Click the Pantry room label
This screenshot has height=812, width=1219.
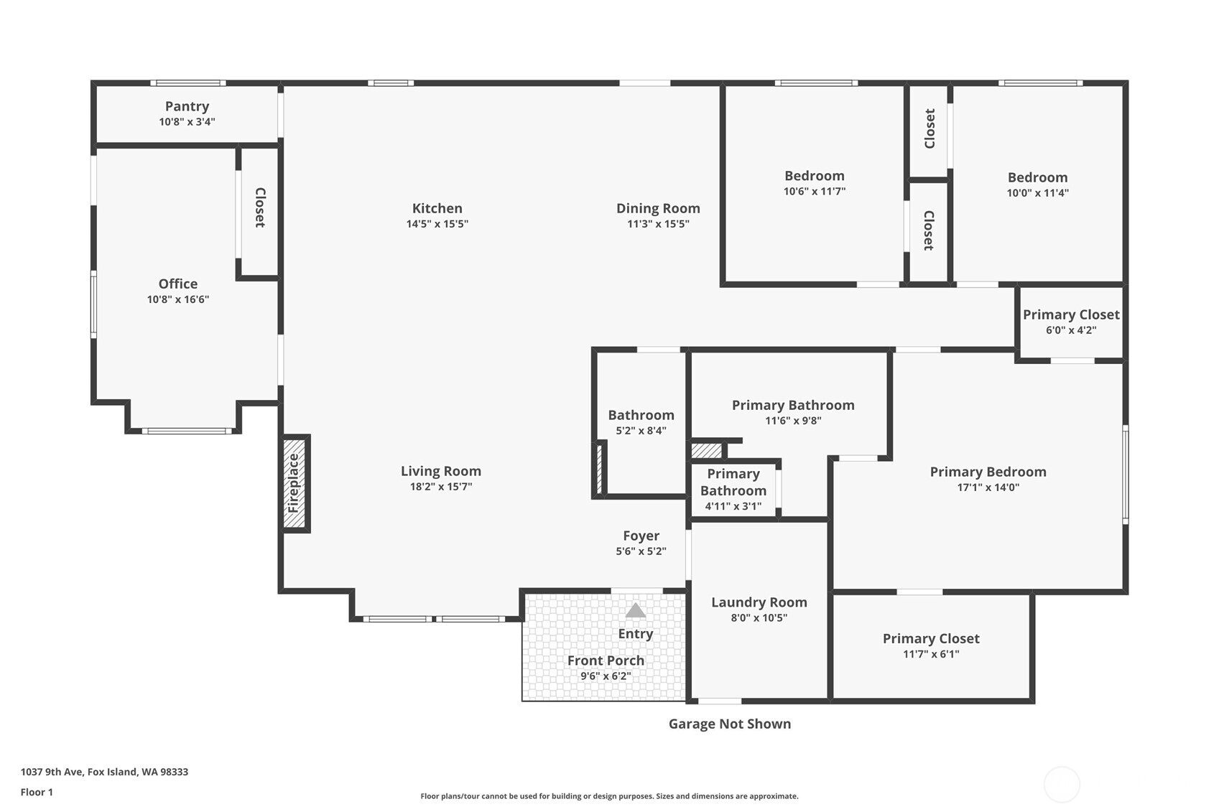187,106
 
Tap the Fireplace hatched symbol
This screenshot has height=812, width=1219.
294,483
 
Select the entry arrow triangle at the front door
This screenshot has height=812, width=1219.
635,611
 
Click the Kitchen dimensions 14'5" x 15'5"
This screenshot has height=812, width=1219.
437,224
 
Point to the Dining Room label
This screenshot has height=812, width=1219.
658,208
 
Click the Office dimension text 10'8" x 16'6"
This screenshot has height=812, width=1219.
177,299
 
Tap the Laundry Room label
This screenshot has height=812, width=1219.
759,602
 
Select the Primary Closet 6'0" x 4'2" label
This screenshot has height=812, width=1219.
1070,314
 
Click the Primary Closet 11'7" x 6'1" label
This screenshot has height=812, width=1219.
930,638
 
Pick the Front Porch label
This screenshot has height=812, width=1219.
606,661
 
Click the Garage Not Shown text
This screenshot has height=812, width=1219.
729,724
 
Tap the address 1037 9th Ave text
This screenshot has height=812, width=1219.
104,772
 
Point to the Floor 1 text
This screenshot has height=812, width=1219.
37,792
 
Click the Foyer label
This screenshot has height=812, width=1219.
641,536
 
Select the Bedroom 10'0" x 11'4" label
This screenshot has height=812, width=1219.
1037,177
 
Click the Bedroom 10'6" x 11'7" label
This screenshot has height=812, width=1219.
814,176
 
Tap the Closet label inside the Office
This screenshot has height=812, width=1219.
260,207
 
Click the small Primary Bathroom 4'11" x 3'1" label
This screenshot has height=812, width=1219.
733,482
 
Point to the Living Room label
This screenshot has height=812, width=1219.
440,471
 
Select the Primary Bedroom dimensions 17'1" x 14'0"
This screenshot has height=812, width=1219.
988,487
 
